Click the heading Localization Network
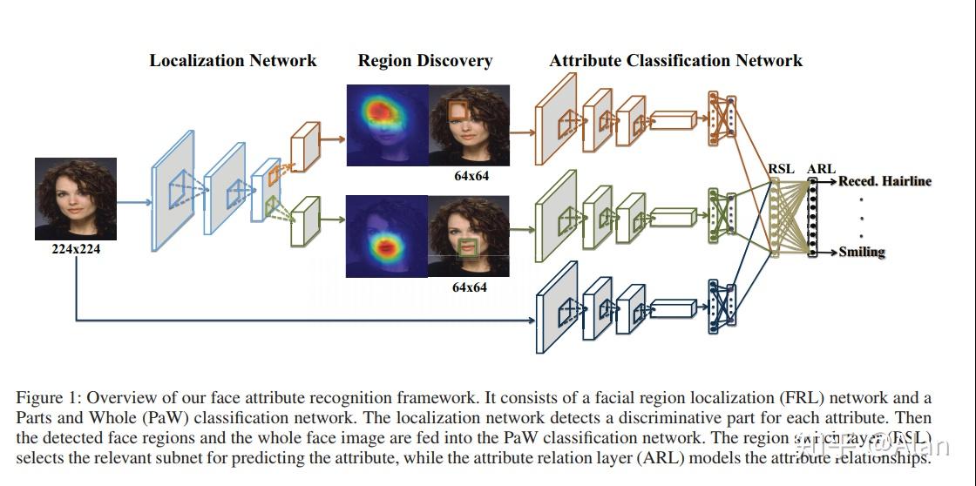tap(233, 61)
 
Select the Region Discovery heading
tap(424, 61)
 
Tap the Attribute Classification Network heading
tap(675, 61)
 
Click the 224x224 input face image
tap(76, 199)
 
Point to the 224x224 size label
tap(76, 249)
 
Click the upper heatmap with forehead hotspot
tap(388, 125)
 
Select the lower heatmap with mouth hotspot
tap(388, 237)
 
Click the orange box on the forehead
tap(457, 110)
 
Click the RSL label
tap(781, 169)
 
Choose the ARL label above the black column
tap(821, 169)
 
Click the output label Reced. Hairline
tap(884, 182)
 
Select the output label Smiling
tap(862, 253)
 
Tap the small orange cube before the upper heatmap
tap(304, 144)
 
